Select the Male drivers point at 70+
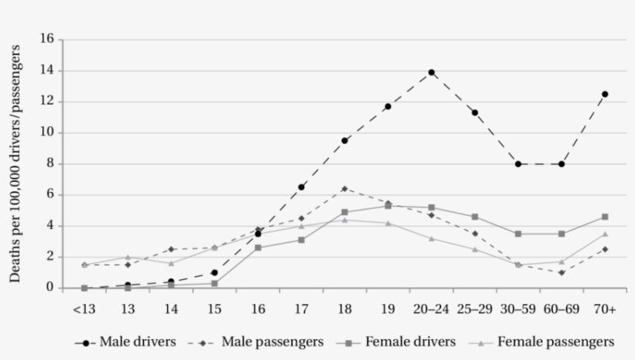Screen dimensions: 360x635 coord(605,94)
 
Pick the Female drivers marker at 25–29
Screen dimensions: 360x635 coord(475,217)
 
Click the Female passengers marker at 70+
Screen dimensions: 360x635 coord(605,234)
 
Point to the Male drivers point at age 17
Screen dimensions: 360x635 coord(301,187)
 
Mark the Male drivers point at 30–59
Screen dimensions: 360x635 coord(518,164)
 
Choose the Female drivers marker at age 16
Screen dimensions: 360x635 coord(258,248)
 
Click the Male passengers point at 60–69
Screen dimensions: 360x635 coord(561,273)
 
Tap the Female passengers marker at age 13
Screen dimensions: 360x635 coord(128,257)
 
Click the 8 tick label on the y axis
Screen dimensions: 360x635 coord(50,164)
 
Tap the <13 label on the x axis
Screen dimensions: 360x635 coord(84,309)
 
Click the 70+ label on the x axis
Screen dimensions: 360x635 coord(605,309)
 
